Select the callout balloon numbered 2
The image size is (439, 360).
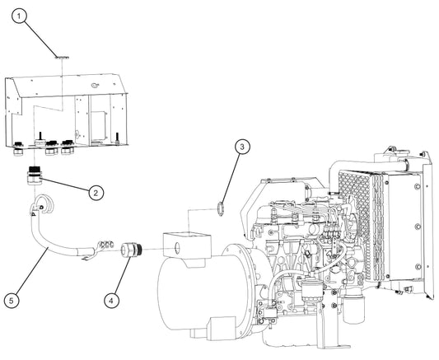click(96, 192)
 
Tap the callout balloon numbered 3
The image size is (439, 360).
click(241, 147)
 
